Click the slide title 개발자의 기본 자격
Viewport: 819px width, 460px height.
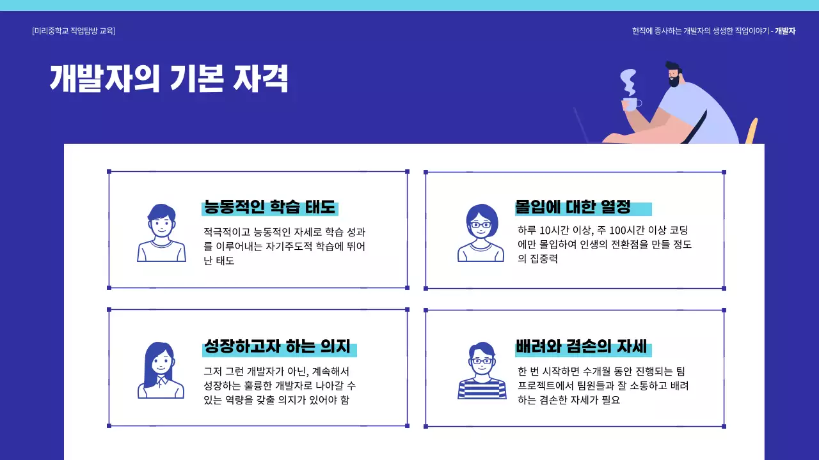click(169, 79)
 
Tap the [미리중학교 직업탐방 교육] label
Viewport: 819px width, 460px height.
click(74, 31)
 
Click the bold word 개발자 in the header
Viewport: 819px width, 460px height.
click(785, 31)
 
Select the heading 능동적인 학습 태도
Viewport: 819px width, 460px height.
click(269, 207)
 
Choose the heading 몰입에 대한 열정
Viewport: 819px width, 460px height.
click(573, 207)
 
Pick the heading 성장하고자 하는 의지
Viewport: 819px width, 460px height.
click(277, 347)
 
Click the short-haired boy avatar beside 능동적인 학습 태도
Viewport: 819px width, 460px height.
click(161, 233)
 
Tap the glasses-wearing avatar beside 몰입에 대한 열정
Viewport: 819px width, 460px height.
click(481, 233)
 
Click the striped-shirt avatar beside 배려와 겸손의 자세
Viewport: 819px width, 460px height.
click(482, 371)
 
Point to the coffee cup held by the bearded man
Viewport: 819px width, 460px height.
click(630, 103)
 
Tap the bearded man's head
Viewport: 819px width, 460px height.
click(672, 73)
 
